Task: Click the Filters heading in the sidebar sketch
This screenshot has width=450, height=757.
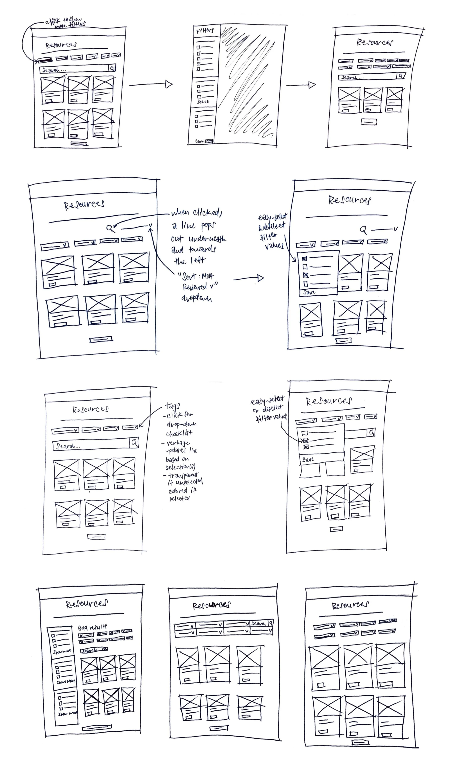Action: tap(205, 31)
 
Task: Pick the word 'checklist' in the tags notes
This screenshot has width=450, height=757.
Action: tap(179, 434)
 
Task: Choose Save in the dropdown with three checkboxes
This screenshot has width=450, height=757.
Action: tap(308, 459)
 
